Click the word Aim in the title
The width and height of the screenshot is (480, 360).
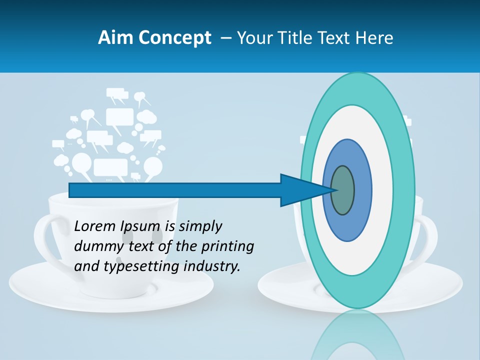pyautogui.click(x=115, y=38)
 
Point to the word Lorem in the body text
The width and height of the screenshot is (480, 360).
pyautogui.click(x=95, y=226)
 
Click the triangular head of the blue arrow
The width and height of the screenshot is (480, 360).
pyautogui.click(x=300, y=190)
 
